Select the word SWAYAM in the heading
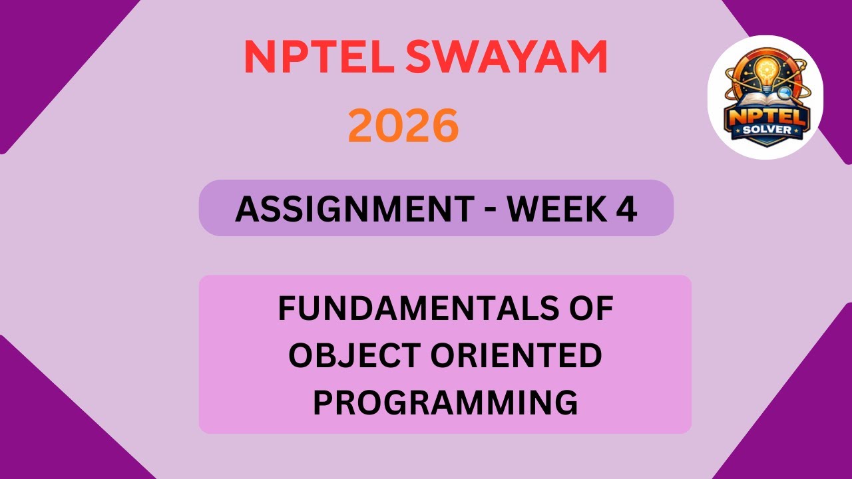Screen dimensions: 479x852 pos(506,58)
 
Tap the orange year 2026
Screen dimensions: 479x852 pos(403,126)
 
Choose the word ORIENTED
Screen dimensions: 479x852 pos(516,357)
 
